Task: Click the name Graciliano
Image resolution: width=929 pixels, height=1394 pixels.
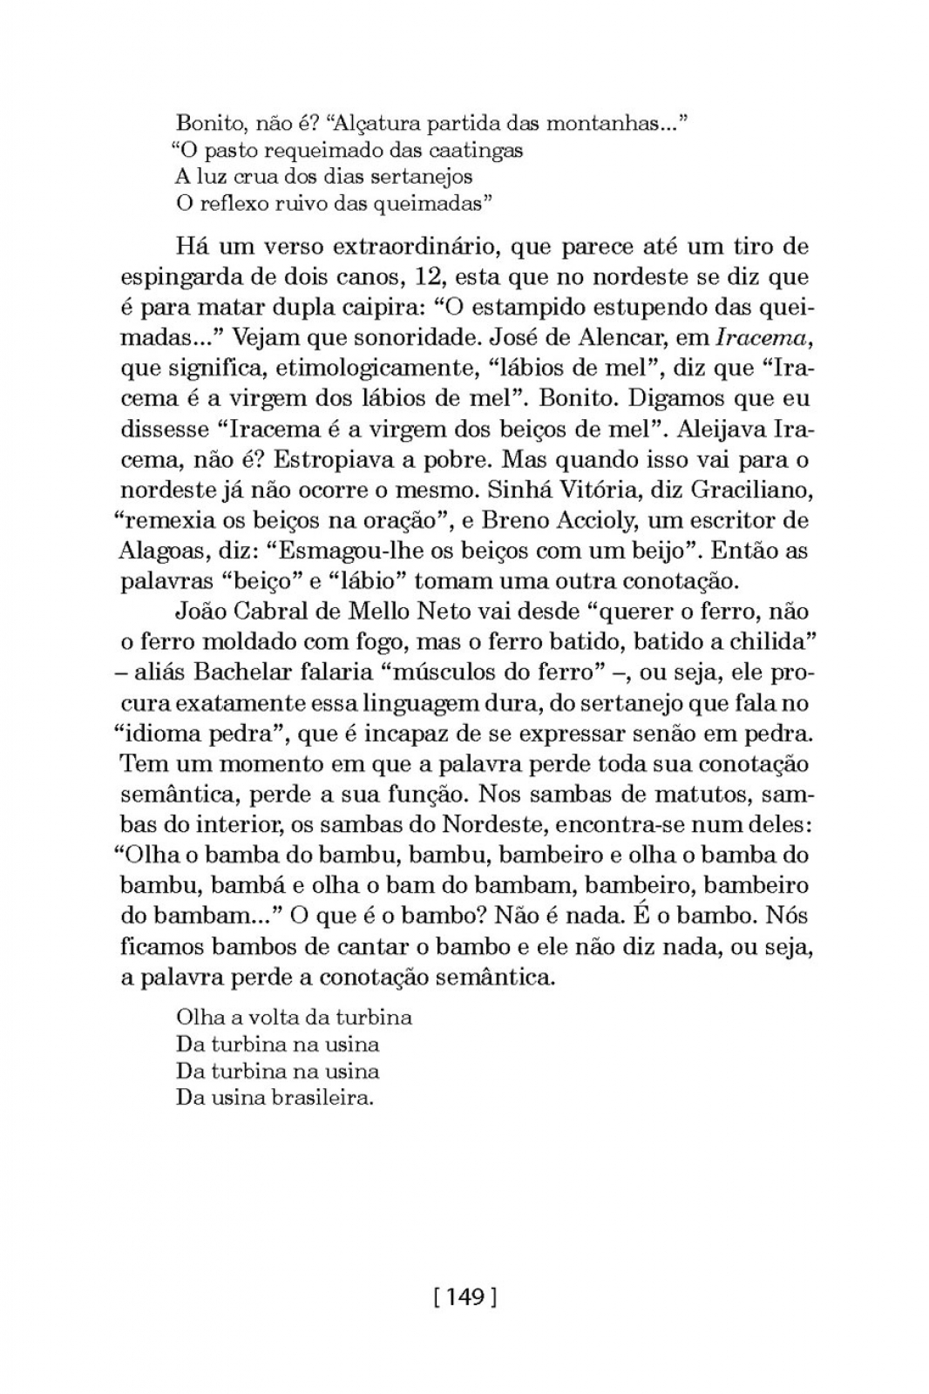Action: (x=751, y=490)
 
